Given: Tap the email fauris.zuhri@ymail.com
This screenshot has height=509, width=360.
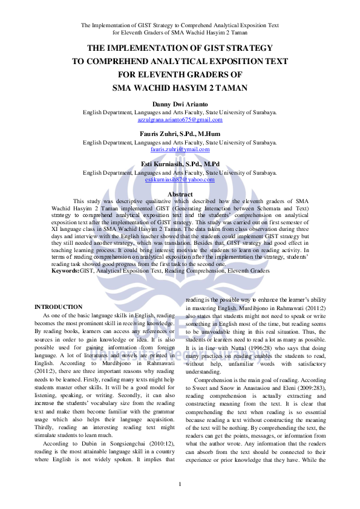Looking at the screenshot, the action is point(180,149).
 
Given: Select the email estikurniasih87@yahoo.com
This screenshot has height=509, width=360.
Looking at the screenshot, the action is point(180,180).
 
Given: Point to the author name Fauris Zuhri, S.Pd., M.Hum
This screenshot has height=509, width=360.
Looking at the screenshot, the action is point(180,134).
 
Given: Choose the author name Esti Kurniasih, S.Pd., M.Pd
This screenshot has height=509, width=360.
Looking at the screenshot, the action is point(180,164).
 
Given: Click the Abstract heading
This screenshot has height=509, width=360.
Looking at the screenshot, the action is point(180,194).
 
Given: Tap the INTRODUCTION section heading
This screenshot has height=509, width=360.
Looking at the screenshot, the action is point(58,307).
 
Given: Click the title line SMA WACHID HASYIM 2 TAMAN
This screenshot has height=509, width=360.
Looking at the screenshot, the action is point(180,87).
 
